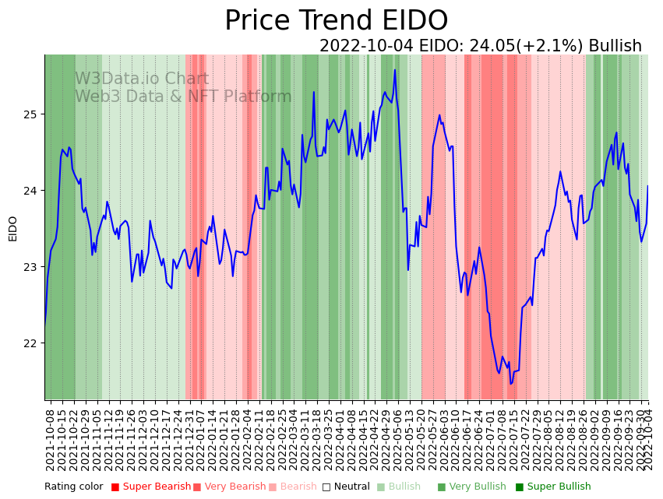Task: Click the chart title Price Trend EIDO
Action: [336, 21]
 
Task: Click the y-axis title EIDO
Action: [12, 228]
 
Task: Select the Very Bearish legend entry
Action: [234, 487]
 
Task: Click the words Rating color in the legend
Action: [73, 487]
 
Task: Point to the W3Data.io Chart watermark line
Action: [142, 79]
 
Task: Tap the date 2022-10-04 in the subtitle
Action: [366, 46]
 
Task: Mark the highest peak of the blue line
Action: [395, 70]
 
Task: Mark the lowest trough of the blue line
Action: [511, 384]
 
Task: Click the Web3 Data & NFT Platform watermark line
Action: [183, 97]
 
